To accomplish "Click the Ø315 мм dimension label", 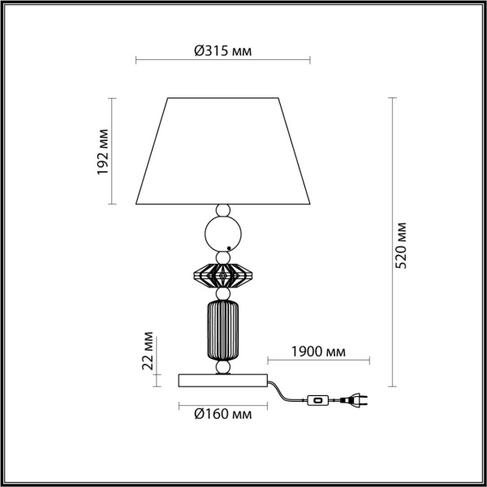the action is click(222, 50).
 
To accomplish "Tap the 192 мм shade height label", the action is click(103, 152).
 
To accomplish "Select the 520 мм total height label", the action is click(400, 245).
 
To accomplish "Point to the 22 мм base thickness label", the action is click(148, 351).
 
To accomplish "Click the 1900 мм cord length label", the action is click(318, 352).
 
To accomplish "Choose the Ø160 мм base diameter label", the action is click(222, 414).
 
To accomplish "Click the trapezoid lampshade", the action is click(223, 151).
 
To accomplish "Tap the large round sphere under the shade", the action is click(223, 234).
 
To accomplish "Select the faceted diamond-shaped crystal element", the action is click(222, 276).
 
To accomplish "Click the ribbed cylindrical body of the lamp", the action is click(222, 330).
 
